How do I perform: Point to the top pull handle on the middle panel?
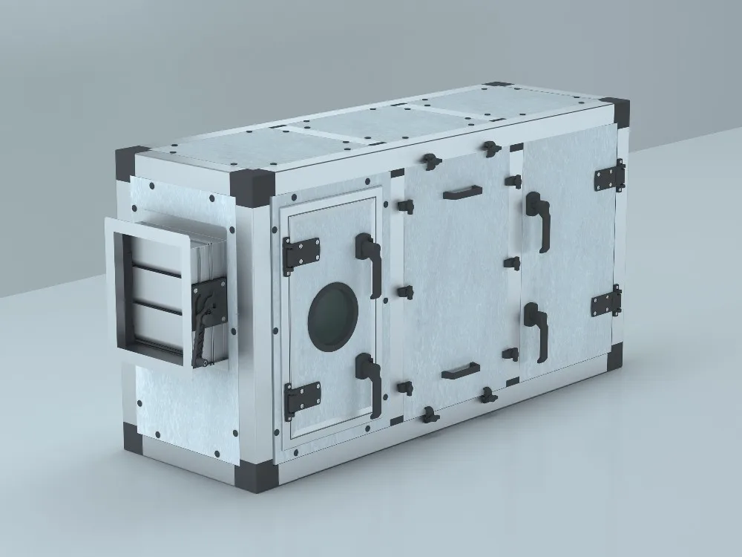(x=462, y=193)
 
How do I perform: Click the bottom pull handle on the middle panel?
(x=460, y=370)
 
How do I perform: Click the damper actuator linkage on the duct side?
(x=203, y=319)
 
